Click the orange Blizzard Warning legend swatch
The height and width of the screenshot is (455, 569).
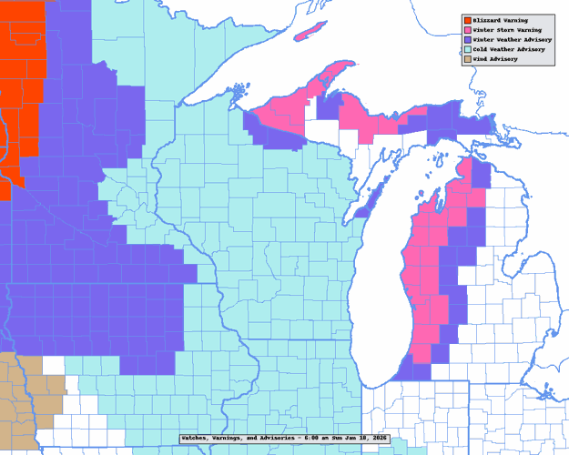point(466,20)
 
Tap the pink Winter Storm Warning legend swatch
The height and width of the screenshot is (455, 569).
point(466,30)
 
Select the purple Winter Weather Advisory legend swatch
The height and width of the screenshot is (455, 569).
point(466,40)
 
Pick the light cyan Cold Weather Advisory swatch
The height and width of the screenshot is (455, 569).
point(466,49)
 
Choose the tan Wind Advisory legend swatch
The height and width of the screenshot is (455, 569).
point(466,59)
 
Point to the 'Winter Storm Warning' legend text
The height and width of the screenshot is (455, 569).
point(506,30)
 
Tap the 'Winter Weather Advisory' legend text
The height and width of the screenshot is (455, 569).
point(510,40)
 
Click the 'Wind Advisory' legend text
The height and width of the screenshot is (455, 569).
point(495,59)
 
